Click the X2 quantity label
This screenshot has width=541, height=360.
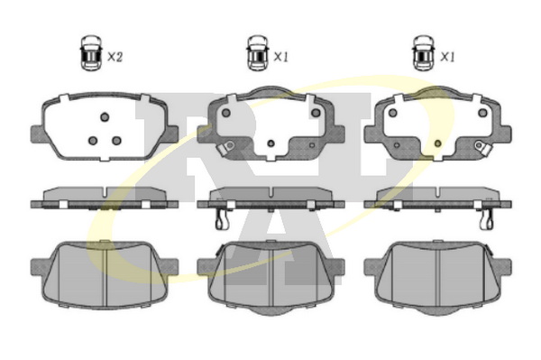tap(115, 57)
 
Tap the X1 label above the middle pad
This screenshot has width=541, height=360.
tap(280, 57)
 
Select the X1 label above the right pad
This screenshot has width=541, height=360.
tap(447, 57)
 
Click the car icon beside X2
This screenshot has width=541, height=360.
tap(91, 53)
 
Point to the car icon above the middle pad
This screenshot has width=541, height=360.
tap(258, 53)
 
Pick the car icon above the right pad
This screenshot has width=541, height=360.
tap(424, 53)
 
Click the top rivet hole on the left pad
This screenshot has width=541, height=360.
tap(105, 117)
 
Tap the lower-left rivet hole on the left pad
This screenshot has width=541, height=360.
tap(93, 141)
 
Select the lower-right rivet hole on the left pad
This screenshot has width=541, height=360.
tap(116, 141)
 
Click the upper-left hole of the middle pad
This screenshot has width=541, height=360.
tap(226, 113)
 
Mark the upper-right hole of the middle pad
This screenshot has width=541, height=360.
tap(316, 113)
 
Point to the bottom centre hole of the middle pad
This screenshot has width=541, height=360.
tap(270, 143)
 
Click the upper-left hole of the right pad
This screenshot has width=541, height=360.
tap(392, 113)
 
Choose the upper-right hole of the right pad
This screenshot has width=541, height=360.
tap(482, 113)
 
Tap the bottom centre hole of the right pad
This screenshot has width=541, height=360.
tap(438, 143)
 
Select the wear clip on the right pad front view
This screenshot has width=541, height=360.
tap(482, 148)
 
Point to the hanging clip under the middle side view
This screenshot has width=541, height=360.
tap(222, 219)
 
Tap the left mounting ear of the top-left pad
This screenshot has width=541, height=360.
tap(38, 134)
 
